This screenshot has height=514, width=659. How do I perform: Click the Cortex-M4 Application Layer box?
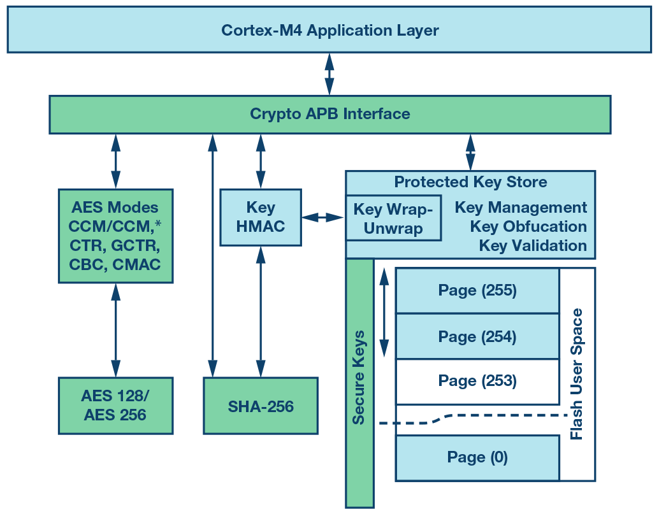click(329, 30)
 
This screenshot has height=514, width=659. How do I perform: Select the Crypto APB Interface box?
click(329, 115)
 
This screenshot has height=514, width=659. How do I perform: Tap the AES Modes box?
click(115, 236)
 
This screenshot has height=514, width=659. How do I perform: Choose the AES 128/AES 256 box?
click(115, 406)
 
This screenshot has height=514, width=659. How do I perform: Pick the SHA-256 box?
click(261, 406)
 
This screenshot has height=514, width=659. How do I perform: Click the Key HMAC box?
click(260, 217)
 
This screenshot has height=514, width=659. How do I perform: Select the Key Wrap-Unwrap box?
click(393, 218)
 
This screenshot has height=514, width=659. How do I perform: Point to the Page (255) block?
click(477, 290)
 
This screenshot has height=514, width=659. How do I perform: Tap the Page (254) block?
click(477, 336)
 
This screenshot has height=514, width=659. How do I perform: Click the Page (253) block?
click(477, 382)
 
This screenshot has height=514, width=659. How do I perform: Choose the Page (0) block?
click(477, 457)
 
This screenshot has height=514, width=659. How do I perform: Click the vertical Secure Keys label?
click(359, 377)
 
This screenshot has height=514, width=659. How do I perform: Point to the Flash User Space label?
click(577, 374)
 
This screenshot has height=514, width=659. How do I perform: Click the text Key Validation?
click(533, 246)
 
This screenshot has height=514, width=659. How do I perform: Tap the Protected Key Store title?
click(470, 182)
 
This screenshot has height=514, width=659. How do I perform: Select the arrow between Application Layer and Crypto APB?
click(329, 74)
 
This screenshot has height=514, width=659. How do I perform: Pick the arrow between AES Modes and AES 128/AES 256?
click(115, 330)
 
